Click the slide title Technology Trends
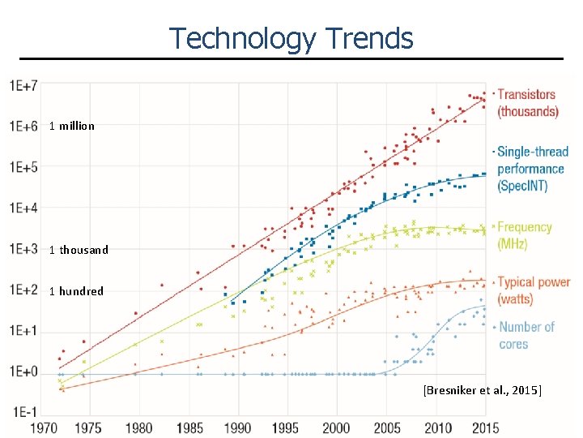point(291,38)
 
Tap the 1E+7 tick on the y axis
point(24,85)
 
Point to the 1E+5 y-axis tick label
point(24,167)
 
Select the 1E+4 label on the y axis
point(24,208)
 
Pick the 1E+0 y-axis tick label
point(24,372)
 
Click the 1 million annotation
point(71,126)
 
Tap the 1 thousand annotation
point(78,250)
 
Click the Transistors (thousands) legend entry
point(527,103)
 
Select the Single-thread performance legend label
point(531,169)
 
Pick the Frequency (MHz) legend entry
point(524,235)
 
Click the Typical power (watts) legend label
point(533,290)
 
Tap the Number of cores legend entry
point(526,335)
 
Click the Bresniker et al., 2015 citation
point(482,391)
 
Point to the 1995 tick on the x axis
point(285,427)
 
